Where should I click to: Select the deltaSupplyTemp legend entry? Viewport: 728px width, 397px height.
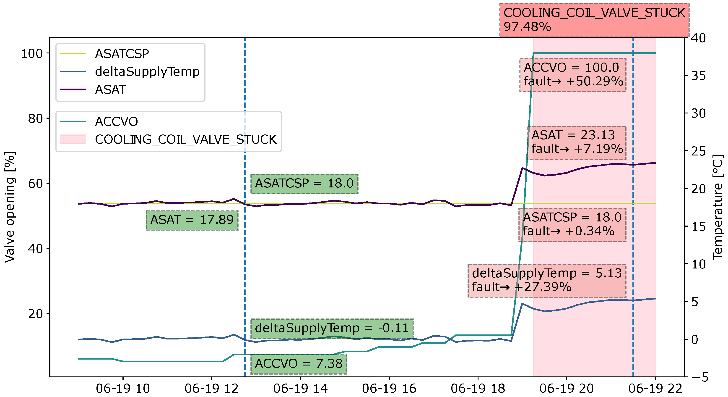[x=147, y=72]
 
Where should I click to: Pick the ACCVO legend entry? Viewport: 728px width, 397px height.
[x=116, y=122]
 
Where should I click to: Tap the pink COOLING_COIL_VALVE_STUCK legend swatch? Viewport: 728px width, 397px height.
[x=73, y=139]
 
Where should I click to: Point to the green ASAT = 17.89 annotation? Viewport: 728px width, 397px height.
[x=192, y=220]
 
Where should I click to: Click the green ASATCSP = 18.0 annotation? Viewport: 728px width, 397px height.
[x=304, y=184]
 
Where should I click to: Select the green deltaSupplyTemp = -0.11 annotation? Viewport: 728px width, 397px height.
[x=332, y=328]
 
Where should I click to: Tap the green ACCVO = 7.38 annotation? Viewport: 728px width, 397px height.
[x=299, y=364]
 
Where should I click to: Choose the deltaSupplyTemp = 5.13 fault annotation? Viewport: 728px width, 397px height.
[x=546, y=280]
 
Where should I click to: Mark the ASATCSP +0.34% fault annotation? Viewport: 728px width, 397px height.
[x=572, y=225]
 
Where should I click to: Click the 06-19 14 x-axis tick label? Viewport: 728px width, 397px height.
[x=300, y=389]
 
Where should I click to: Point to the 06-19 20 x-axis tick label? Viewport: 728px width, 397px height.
[x=566, y=389]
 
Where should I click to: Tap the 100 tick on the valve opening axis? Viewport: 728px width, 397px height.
[x=32, y=53]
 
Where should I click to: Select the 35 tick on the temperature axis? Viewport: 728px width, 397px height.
[x=698, y=76]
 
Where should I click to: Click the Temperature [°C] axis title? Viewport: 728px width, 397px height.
[x=718, y=207]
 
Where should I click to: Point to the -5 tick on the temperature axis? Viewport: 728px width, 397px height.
[x=698, y=377]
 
